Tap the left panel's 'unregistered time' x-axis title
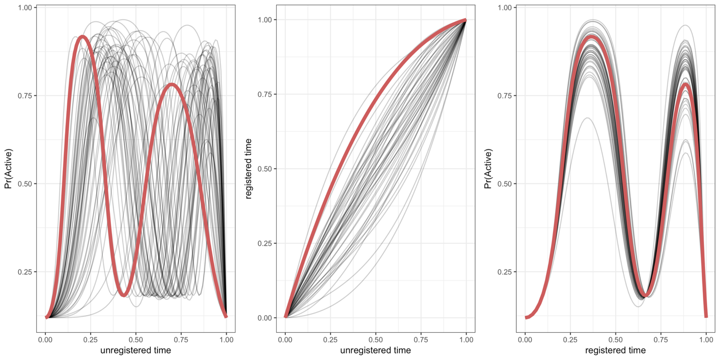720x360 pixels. tap(135, 350)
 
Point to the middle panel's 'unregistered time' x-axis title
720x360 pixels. tap(375, 350)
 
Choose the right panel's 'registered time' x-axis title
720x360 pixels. tap(615, 350)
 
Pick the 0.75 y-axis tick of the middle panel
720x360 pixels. tap(264, 94)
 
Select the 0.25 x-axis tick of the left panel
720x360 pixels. tap(90, 339)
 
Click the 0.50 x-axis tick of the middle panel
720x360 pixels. tap(375, 339)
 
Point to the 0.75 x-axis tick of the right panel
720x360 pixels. tap(661, 339)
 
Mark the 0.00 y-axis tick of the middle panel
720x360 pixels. tap(264, 318)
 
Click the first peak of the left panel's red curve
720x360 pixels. tap(82, 36)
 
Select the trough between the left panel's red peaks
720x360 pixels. tap(124, 294)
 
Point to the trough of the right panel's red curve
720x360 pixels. tap(646, 294)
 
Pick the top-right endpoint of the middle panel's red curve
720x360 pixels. tap(466, 20)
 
